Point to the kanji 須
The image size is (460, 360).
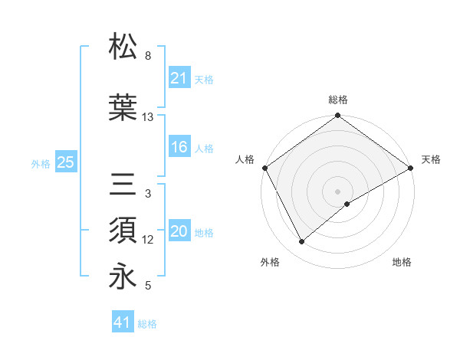pyautogui.click(x=123, y=230)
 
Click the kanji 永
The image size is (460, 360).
pyautogui.click(x=123, y=277)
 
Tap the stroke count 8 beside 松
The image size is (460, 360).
pyautogui.click(x=148, y=56)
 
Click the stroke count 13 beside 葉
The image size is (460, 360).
pyautogui.click(x=148, y=117)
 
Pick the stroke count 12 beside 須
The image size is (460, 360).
pyautogui.click(x=148, y=240)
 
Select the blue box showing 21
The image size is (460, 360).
pyautogui.click(x=179, y=78)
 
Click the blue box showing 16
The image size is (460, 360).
pyautogui.click(x=179, y=147)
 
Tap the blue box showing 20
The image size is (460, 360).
pyautogui.click(x=179, y=231)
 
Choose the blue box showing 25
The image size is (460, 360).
pyautogui.click(x=65, y=162)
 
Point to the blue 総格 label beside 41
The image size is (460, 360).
pyautogui.click(x=147, y=324)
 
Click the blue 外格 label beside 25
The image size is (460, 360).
pyautogui.click(x=41, y=163)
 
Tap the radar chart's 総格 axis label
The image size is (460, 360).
pyautogui.click(x=338, y=100)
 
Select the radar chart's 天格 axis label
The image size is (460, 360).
pyautogui.click(x=432, y=159)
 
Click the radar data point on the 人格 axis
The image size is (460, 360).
pyautogui.click(x=264, y=167)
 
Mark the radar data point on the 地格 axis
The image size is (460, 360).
pyautogui.click(x=347, y=204)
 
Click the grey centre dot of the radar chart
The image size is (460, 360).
pyautogui.click(x=338, y=191)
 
